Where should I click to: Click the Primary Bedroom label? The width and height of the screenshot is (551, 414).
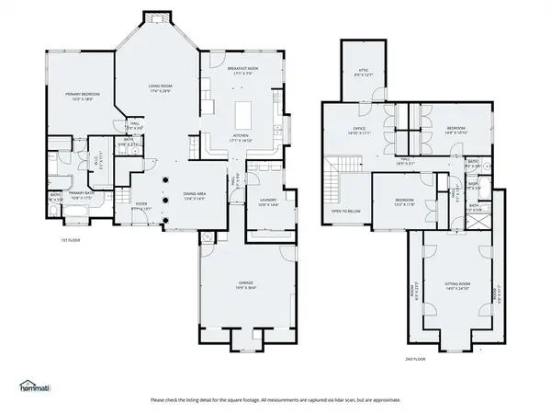pos(79,95)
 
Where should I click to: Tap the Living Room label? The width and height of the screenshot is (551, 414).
pos(161,87)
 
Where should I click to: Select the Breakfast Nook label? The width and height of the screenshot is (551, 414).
pos(242,69)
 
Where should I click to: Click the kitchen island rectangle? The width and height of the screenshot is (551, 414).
pos(243,115)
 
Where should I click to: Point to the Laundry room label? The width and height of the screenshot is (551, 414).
pos(268,201)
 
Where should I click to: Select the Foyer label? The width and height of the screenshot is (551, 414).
pos(142,205)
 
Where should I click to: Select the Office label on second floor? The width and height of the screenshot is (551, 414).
pos(360,131)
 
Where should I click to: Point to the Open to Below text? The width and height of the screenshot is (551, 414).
pos(346,210)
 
